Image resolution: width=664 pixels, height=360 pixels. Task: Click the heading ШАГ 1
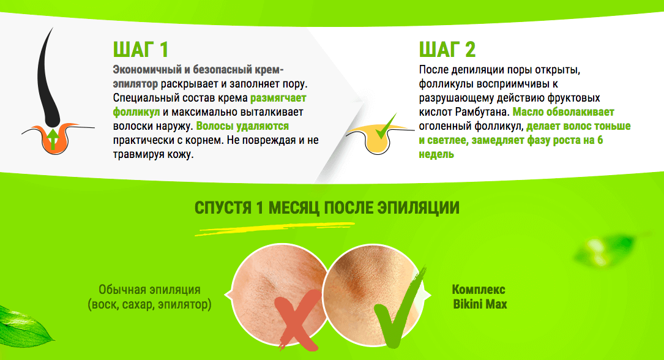(x=141, y=50)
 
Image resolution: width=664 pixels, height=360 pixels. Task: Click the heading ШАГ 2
(x=447, y=50)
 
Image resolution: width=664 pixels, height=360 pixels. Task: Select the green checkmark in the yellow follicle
(x=386, y=127)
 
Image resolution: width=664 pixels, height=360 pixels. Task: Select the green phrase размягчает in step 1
(x=278, y=98)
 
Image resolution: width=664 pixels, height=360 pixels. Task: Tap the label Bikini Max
(x=480, y=304)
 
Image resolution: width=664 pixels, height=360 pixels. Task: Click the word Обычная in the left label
(x=119, y=290)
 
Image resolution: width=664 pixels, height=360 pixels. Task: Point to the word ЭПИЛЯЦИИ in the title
(x=418, y=208)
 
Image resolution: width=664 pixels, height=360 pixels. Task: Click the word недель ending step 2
(x=436, y=154)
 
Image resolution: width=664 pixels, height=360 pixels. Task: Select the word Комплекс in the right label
(x=479, y=290)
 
